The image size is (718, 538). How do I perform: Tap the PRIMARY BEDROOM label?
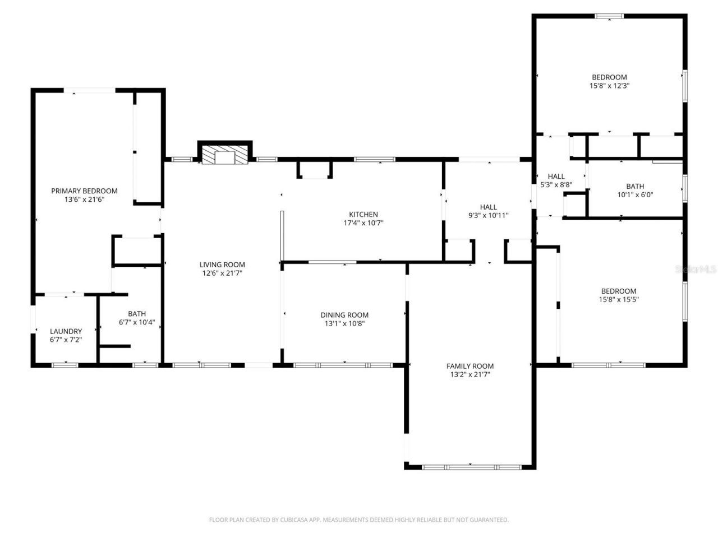(x=84, y=191)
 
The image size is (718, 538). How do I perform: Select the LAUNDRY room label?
(x=66, y=331)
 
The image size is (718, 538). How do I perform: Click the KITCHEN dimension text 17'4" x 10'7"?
(x=363, y=223)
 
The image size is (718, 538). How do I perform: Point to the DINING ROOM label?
(x=344, y=315)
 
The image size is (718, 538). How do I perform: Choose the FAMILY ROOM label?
(x=470, y=366)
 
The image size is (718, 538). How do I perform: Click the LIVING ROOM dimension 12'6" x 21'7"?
(x=222, y=273)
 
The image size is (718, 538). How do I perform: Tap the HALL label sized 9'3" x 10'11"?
(x=488, y=207)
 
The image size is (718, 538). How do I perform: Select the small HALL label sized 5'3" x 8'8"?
(x=556, y=176)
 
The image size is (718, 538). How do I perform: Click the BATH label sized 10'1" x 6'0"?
(x=635, y=186)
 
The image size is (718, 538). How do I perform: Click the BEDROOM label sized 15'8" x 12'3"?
(x=609, y=77)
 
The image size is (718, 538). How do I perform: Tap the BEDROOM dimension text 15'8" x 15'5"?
(x=619, y=299)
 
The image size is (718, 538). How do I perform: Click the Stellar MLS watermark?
(x=696, y=270)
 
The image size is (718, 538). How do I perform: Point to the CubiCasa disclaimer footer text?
(x=359, y=520)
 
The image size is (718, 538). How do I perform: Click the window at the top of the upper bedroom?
(x=609, y=16)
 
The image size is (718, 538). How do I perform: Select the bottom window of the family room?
(x=471, y=467)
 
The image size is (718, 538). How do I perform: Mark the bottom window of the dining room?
(x=343, y=365)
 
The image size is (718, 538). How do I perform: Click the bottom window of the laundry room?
(x=65, y=365)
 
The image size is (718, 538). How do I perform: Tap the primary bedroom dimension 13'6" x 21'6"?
(x=84, y=200)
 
